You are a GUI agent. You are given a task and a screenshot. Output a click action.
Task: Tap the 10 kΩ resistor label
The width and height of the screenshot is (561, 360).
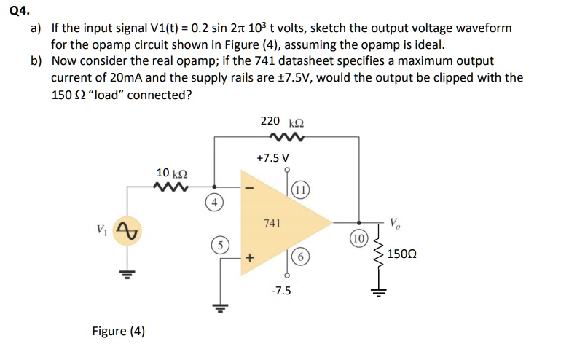173,173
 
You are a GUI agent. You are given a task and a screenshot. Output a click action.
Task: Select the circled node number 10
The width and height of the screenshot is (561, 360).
357,238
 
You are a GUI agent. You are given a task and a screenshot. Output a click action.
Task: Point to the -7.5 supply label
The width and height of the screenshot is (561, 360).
280,290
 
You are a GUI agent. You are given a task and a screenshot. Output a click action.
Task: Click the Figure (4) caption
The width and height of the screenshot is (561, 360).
118,332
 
